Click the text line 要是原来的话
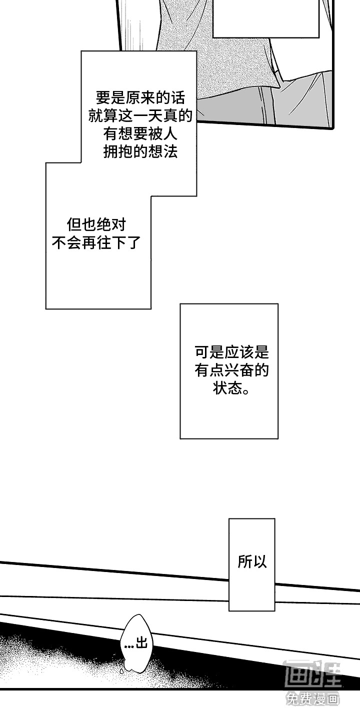click(140, 97)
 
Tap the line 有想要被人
click(140, 133)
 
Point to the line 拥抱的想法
click(140, 152)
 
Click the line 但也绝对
click(96, 224)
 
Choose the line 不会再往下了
click(96, 243)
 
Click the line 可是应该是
click(231, 352)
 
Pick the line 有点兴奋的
click(231, 370)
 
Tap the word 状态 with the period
click(231, 388)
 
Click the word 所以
click(252, 561)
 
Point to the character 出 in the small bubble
click(142, 643)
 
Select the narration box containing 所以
click(252, 564)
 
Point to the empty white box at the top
click(266, 18)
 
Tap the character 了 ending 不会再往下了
click(134, 243)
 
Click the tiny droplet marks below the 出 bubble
click(122, 670)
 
